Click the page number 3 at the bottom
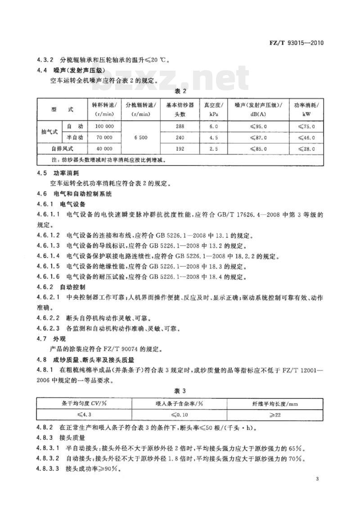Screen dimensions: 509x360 (317, 478)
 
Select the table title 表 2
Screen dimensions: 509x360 (180, 91)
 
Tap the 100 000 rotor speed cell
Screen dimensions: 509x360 (103, 127)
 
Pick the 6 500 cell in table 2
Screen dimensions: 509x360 (141, 137)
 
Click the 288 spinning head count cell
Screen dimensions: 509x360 (180, 127)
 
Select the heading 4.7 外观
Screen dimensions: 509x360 (49, 338)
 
